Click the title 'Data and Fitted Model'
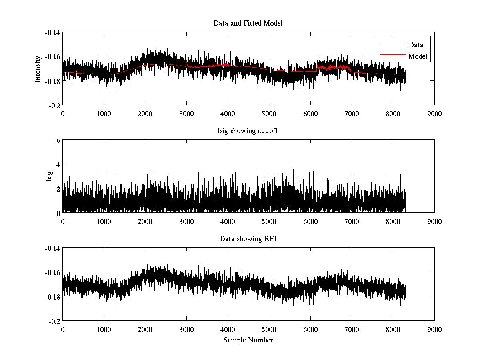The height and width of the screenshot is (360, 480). coord(248,23)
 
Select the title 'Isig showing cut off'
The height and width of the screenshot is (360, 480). coord(248,131)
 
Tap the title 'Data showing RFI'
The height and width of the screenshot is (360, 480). coord(248,239)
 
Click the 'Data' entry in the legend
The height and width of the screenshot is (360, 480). coord(416,45)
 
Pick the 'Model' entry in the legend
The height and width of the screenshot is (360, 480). coord(418,56)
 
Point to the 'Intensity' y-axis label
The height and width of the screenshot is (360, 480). coord(38,68)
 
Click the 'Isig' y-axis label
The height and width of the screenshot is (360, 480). coord(49,176)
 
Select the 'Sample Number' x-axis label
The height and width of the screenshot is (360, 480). coord(248,340)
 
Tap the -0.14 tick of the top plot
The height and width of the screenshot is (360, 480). coord(52,32)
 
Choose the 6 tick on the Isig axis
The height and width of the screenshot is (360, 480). coord(58,140)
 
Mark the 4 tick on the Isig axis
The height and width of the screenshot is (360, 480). coord(58,164)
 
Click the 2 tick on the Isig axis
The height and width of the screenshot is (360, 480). coord(58,188)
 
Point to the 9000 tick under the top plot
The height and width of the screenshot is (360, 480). coord(434,114)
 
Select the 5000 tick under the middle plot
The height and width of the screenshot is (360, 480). coord(269,221)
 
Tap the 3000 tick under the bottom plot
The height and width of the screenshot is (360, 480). coord(186,329)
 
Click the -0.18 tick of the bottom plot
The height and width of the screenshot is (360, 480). coord(52,297)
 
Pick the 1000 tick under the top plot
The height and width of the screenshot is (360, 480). coord(104,114)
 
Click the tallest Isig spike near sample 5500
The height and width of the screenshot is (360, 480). coord(290,163)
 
